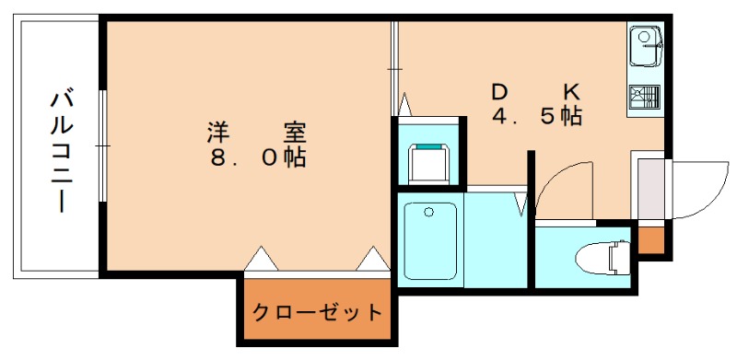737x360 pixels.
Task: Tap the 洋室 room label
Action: click(x=256, y=132)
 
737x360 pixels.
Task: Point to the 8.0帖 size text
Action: click(x=256, y=157)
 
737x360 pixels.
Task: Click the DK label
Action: click(x=534, y=93)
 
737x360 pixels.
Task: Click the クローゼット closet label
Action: click(x=317, y=312)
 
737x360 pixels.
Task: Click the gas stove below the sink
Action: click(x=645, y=97)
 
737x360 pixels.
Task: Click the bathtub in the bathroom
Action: click(x=430, y=242)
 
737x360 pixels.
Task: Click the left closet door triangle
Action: click(x=261, y=259)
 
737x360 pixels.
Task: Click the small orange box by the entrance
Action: click(x=649, y=239)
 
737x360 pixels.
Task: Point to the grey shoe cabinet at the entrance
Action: click(x=649, y=189)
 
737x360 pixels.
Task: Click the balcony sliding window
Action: click(x=101, y=147)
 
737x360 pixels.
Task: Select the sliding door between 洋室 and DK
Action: click(x=394, y=69)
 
